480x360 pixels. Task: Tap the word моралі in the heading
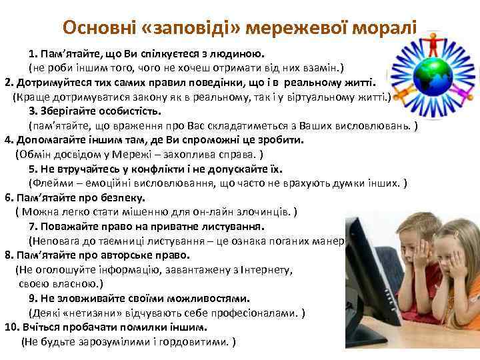(x=386, y=28)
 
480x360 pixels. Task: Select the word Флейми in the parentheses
(x=51, y=183)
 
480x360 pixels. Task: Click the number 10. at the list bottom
(x=13, y=327)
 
